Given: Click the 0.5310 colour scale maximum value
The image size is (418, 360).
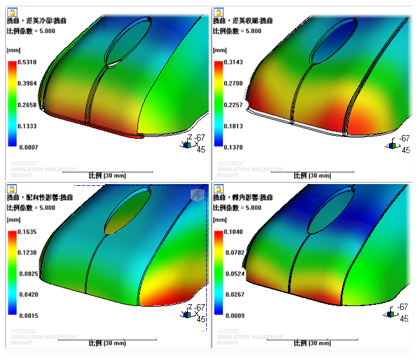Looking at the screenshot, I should tap(27, 62).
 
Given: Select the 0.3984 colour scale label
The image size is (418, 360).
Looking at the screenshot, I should tap(27, 82).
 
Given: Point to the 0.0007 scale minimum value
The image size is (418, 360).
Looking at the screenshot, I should tap(27, 146).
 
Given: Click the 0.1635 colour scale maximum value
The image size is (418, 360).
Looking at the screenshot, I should tap(27, 232).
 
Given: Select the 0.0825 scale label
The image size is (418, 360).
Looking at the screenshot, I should tap(27, 274).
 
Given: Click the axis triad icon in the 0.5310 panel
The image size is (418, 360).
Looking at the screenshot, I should tap(185, 143).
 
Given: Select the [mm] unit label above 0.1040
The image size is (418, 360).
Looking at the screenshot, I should tap(219, 220).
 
